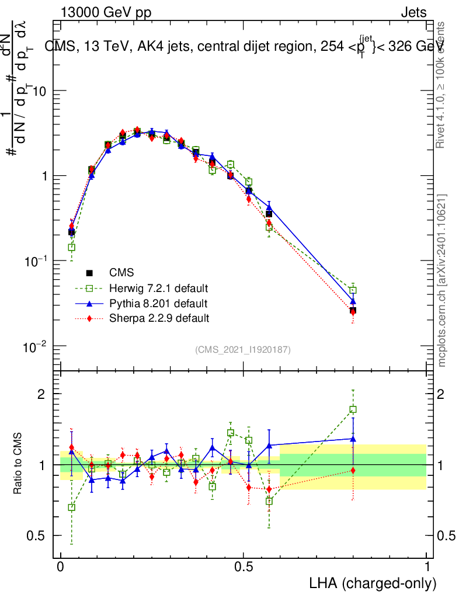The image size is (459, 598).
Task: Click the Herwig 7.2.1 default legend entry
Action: pos(159,288)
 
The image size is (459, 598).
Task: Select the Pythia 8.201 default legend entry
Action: pos(158,304)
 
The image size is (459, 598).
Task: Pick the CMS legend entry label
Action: pos(121,273)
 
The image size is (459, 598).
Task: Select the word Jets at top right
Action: pos(413,13)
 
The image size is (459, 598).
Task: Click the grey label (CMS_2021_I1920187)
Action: pos(243,349)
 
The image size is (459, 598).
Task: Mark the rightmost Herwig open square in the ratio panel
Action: pos(353,410)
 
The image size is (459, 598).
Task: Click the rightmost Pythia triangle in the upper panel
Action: pos(353,301)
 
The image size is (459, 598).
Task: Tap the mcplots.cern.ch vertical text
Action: pos(442,280)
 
